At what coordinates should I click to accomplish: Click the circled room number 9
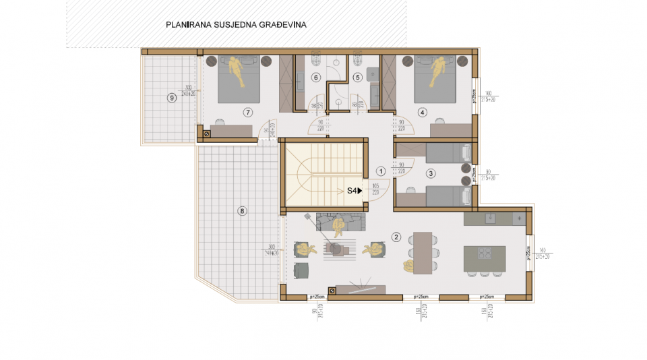pyautogui.click(x=173, y=97)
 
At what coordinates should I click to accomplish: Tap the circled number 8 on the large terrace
pyautogui.click(x=243, y=211)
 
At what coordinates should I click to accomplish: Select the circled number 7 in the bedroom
pyautogui.click(x=248, y=112)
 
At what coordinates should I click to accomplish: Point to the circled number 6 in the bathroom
pyautogui.click(x=315, y=78)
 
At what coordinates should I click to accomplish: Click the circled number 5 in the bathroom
pyautogui.click(x=358, y=78)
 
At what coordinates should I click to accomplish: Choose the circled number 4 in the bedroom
pyautogui.click(x=423, y=112)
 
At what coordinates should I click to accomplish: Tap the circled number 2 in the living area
pyautogui.click(x=396, y=237)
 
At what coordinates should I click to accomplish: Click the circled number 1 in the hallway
pyautogui.click(x=380, y=171)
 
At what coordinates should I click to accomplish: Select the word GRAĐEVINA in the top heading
pyautogui.click(x=282, y=25)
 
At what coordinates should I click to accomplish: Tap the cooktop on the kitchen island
pyautogui.click(x=484, y=253)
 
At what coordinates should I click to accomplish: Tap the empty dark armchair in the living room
pyautogui.click(x=302, y=269)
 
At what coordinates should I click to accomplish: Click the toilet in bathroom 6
pyautogui.click(x=316, y=59)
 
